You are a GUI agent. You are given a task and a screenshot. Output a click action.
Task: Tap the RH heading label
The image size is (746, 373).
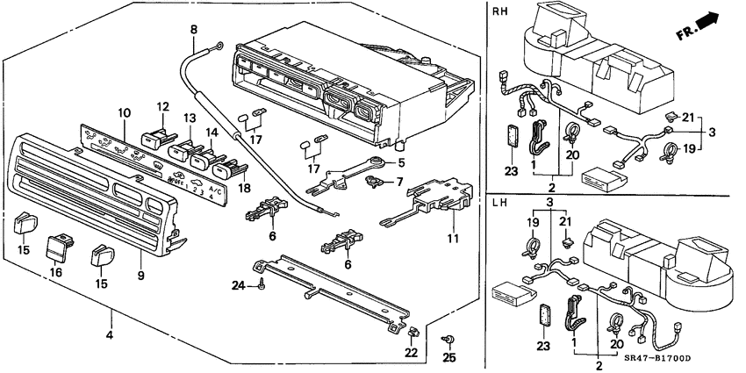tap(500, 11)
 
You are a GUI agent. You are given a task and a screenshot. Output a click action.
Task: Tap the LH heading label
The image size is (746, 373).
tap(500, 204)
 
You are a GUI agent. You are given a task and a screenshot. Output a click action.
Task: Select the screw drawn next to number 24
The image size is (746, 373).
tap(262, 283)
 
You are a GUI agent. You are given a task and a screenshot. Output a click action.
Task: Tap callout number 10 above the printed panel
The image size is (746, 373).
tap(123, 112)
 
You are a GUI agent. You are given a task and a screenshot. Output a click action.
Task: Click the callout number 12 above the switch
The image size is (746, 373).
tap(162, 106)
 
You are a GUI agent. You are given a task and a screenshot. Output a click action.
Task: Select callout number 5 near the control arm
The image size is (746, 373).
tap(401, 162)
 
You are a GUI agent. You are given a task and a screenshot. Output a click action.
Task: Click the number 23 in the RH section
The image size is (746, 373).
tap(512, 172)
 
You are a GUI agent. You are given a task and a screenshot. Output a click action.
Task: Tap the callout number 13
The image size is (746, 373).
tap(188, 118)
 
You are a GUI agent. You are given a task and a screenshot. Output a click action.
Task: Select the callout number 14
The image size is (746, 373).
tap(211, 132)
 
